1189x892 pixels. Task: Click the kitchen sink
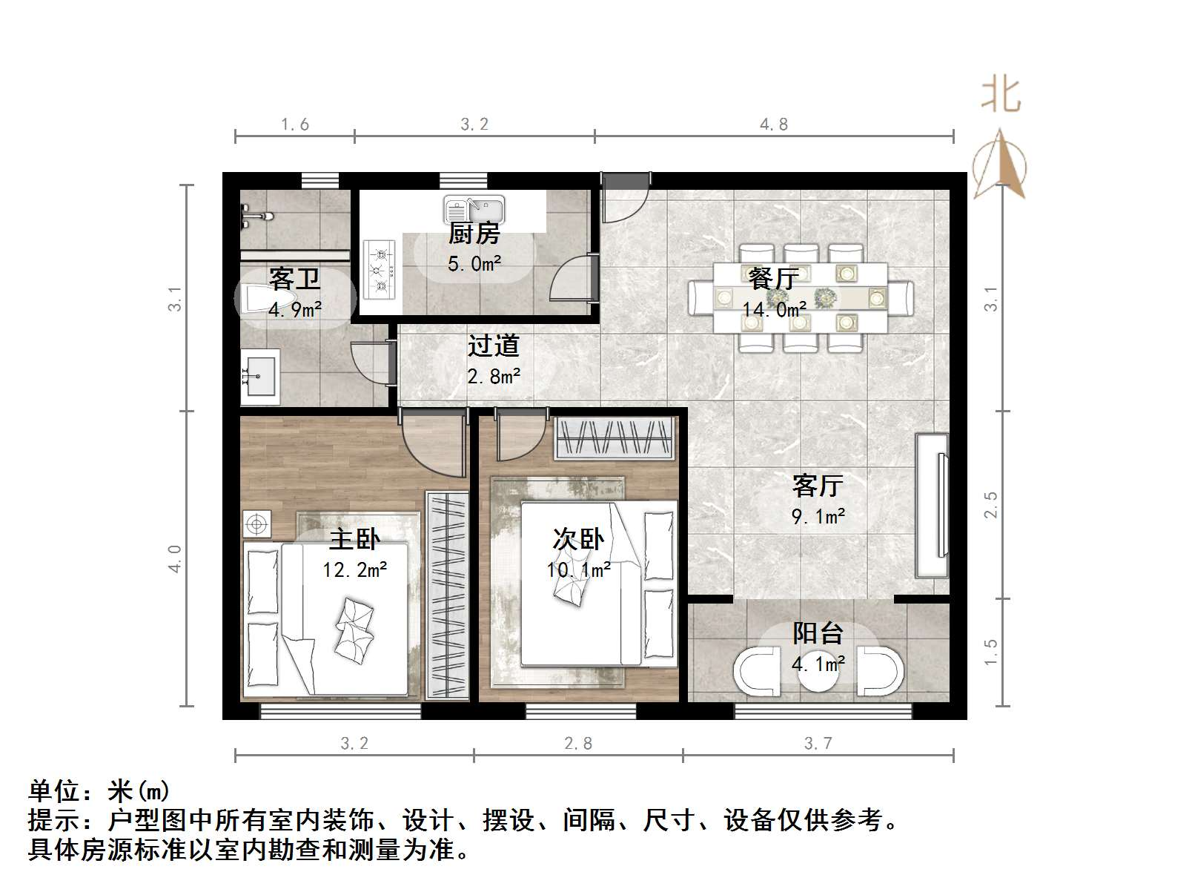point(474,209)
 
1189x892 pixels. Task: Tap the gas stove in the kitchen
point(380,269)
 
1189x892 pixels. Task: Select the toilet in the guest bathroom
point(256,299)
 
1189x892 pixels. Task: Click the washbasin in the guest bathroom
point(259,377)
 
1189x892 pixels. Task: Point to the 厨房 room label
point(474,234)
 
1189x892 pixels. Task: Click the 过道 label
point(493,346)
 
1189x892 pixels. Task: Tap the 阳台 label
point(818,633)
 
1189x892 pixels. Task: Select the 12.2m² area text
point(354,570)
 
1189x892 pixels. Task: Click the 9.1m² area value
point(818,517)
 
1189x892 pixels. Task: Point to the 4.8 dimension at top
point(773,125)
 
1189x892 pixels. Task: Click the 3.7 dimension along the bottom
point(818,743)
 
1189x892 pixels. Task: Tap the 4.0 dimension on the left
point(174,558)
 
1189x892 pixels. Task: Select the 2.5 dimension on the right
point(991,504)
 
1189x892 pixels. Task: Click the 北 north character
point(1001,95)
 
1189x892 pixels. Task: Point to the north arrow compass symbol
point(1000,165)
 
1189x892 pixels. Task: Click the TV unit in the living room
point(933,504)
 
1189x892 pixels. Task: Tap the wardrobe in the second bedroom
point(615,438)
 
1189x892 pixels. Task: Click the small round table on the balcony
point(818,672)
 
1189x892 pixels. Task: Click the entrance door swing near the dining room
point(623,198)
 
